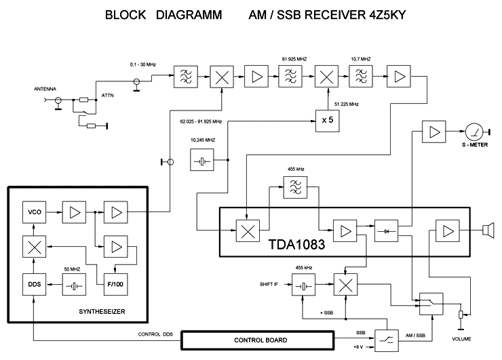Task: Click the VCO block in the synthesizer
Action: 34,212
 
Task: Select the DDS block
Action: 34,285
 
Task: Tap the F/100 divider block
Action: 115,285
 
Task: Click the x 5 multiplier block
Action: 328,121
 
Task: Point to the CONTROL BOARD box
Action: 258,340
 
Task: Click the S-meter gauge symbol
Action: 474,132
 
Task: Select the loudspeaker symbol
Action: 488,231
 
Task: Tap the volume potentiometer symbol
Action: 461,315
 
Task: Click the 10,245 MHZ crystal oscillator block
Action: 202,160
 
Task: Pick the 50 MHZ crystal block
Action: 74,285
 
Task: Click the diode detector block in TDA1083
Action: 387,231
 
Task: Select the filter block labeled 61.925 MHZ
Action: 290,77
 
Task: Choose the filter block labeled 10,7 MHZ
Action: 361,77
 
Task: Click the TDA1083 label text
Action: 296,245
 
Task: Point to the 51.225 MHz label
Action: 347,104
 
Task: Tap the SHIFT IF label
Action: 269,284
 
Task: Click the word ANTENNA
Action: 45,89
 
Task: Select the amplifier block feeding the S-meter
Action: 433,132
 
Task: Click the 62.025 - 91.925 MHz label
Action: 201,121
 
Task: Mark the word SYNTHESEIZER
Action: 102,312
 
